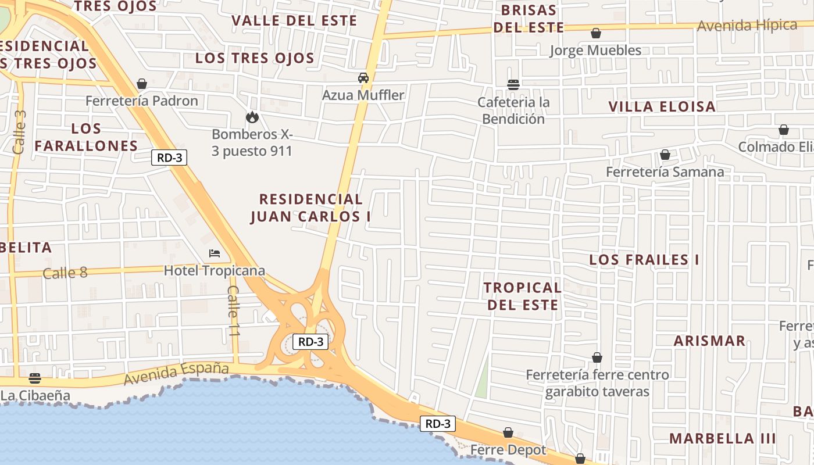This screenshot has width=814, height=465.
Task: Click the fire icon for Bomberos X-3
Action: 252,117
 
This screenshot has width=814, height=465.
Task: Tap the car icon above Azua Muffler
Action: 363,78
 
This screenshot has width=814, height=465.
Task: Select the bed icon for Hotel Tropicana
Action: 215,253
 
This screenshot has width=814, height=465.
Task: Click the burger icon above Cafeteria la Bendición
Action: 513,85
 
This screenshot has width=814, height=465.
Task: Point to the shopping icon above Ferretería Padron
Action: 142,84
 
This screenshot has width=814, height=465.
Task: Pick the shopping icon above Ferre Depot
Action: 508,432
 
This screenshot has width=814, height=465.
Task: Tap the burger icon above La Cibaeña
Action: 35,378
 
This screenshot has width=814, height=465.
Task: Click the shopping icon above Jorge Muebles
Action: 596,34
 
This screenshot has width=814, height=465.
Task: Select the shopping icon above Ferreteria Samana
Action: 665,155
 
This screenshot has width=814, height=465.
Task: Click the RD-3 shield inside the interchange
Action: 310,342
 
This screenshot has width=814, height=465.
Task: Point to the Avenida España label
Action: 176,373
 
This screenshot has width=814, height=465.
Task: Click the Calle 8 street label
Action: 65,273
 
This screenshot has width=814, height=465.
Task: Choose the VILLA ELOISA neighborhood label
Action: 662,106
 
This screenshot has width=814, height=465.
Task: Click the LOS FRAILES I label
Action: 644,260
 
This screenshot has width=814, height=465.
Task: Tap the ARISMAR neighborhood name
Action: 709,341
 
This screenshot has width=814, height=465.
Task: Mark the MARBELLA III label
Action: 723,438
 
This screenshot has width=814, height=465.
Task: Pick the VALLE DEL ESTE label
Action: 294,21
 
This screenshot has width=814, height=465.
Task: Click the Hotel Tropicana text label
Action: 215,271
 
